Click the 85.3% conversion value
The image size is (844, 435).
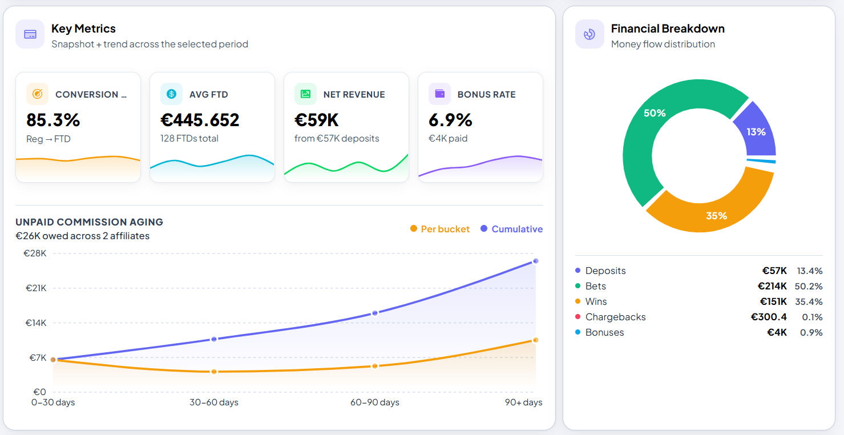(x=53, y=120)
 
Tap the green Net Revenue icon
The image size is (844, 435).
(x=305, y=94)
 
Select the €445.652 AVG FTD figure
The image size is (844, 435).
(x=200, y=120)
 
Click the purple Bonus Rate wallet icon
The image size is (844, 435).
(x=439, y=94)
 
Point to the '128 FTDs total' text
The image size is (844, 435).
(x=189, y=138)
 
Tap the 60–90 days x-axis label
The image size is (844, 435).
(x=374, y=402)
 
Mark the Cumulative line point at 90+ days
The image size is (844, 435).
(x=535, y=261)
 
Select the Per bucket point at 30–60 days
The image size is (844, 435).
(x=214, y=372)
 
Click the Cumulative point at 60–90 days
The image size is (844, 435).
(x=375, y=313)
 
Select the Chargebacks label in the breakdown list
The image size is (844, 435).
(x=615, y=317)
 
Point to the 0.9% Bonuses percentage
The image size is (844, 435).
(x=811, y=332)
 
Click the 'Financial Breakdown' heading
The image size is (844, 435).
(x=668, y=29)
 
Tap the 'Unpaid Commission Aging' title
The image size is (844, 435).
(x=89, y=222)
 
